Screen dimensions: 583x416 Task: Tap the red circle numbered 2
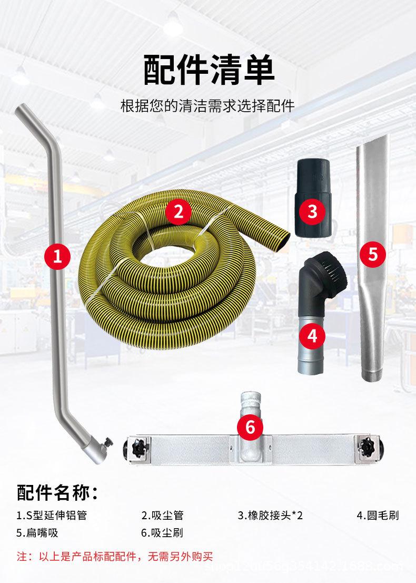[178, 212]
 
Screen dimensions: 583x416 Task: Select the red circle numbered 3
[313, 211]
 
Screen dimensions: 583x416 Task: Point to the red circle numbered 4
[312, 335]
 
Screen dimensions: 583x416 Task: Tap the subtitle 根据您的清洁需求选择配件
[207, 105]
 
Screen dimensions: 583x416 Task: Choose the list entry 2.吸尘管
[162, 515]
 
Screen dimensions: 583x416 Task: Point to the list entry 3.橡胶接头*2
[271, 515]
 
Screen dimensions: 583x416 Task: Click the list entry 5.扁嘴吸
[37, 532]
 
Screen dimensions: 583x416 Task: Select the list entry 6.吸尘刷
[162, 532]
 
